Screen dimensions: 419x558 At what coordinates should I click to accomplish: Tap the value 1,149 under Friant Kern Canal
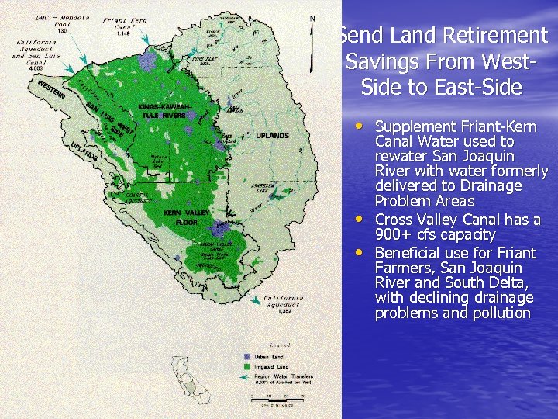[123, 33]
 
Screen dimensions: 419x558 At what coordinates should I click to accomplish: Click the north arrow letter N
[312, 19]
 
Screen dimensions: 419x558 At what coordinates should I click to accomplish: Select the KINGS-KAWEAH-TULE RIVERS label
[164, 111]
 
